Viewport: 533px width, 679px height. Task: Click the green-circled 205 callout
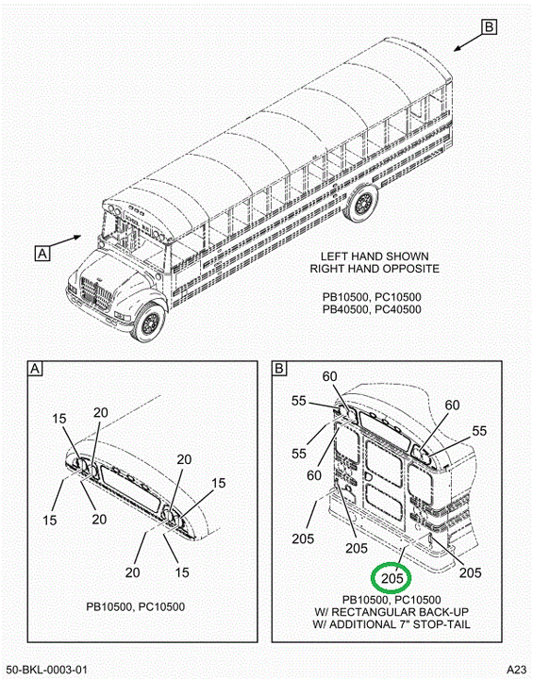click(x=392, y=578)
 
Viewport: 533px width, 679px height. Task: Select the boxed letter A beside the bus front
click(x=42, y=254)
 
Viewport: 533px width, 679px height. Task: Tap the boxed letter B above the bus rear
click(x=489, y=27)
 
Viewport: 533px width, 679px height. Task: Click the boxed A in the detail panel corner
click(x=35, y=369)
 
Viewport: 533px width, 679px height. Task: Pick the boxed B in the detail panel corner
click(x=279, y=369)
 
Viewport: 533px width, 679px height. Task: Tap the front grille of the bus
click(x=95, y=293)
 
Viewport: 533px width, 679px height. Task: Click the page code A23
click(x=517, y=669)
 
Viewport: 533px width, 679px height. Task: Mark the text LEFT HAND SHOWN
click(x=375, y=257)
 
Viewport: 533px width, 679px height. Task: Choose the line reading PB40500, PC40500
click(x=372, y=309)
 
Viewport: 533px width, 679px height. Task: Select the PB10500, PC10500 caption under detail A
click(x=136, y=606)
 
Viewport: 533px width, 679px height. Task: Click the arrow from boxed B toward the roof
click(x=468, y=42)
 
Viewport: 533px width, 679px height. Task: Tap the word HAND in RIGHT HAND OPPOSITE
click(x=361, y=269)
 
